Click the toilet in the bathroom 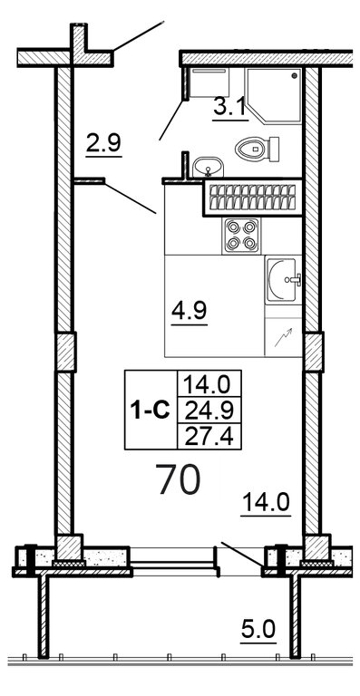257,149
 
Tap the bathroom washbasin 209,167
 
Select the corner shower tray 274,94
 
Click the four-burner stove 241,236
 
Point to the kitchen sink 283,279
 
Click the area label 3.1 229,109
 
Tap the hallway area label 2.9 103,145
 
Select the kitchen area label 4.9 190,313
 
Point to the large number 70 179,479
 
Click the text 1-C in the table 151,411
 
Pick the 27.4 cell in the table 209,437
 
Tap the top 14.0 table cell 209,384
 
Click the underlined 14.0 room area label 266,504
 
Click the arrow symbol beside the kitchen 283,337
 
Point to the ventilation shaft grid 252,198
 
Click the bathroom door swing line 171,121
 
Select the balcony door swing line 242,554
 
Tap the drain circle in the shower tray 295,76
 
